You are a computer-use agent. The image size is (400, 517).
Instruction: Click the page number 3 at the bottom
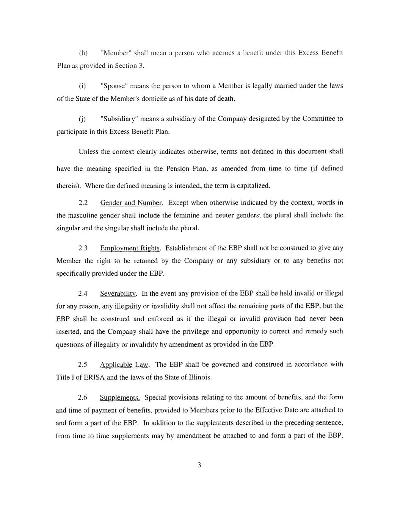pyautogui.click(x=199, y=465)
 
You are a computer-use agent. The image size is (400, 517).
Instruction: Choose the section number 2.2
pyautogui.click(x=83, y=203)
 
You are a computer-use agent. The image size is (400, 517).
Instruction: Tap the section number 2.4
pyautogui.click(x=83, y=294)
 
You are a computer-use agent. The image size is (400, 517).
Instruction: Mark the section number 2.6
pyautogui.click(x=83, y=398)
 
